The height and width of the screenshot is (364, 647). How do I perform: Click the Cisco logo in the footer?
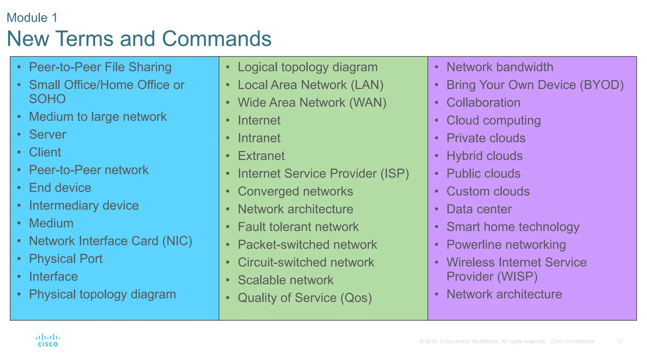48,340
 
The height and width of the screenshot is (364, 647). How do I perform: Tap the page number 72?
619,342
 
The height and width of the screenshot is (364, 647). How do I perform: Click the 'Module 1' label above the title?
32,18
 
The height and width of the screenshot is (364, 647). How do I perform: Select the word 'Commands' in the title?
217,39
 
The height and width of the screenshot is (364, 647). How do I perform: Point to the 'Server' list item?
47,135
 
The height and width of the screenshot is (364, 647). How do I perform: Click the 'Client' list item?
45,152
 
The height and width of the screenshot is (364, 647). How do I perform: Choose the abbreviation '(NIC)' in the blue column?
177,241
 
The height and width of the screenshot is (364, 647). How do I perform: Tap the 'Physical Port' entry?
66,259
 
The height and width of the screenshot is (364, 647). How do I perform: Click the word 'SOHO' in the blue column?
47,99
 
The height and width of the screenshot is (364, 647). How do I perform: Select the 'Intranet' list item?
259,138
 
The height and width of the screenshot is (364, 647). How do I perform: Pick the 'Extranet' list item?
261,156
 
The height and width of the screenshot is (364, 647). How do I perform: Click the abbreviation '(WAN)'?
368,103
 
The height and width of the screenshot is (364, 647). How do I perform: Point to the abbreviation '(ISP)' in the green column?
395,174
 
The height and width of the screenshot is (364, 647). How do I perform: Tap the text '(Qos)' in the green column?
356,298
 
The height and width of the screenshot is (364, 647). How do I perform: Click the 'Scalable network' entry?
286,280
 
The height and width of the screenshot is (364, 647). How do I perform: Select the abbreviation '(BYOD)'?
602,85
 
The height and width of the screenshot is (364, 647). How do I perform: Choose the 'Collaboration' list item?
483,103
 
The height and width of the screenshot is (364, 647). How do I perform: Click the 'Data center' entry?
479,209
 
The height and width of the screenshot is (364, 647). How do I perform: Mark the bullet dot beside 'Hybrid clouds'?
437,155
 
